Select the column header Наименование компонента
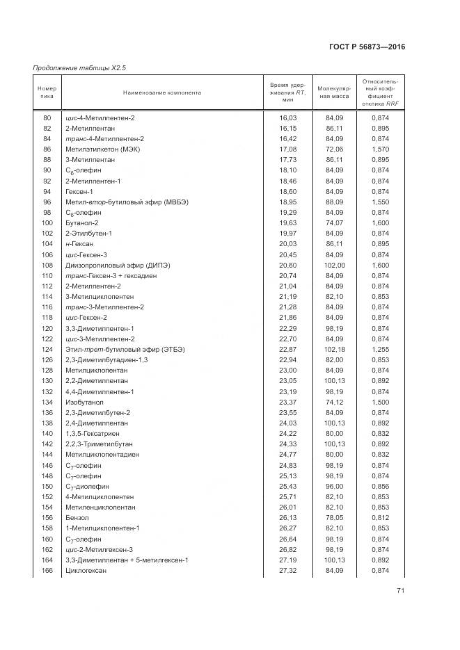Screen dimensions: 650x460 pyautogui.click(x=162, y=92)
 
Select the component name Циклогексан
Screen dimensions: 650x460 pyautogui.click(x=84, y=570)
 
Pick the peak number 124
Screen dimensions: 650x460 pyautogui.click(x=47, y=349)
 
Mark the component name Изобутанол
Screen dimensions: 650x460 pyautogui.click(x=82, y=402)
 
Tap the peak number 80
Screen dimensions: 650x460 pyautogui.click(x=47, y=118)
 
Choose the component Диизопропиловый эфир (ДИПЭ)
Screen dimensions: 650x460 pyautogui.click(x=117, y=265)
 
